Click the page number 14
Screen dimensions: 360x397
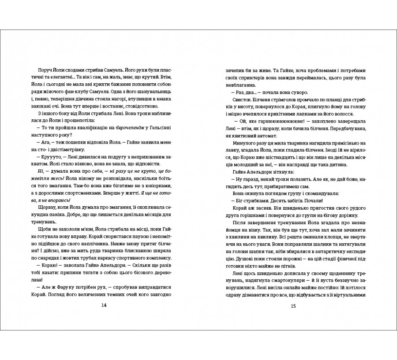click(104, 306)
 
